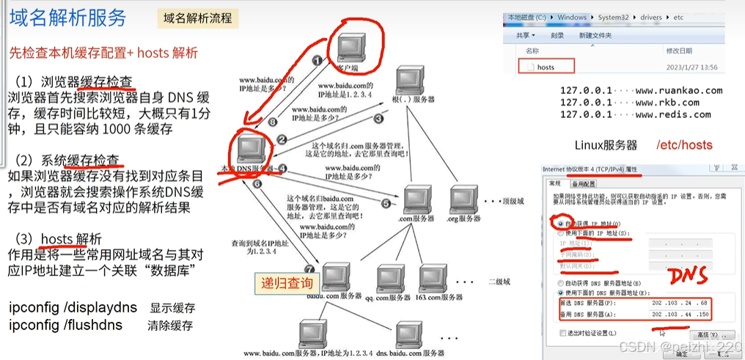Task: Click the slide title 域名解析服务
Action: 67,18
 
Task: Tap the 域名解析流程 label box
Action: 197,18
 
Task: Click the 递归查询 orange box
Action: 287,283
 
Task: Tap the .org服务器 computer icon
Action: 464,199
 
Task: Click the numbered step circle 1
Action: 317,62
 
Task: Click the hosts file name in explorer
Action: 546,67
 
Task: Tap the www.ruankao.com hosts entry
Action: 641,91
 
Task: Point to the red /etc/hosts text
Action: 684,144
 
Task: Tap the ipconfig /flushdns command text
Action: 65,324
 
